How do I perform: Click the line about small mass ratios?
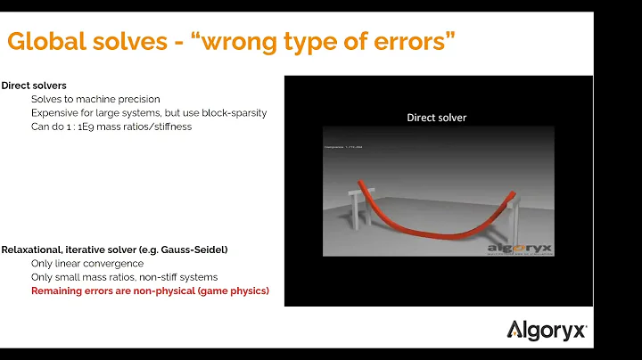[x=124, y=277]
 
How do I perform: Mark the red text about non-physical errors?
[x=149, y=291]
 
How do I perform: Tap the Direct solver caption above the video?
[x=437, y=117]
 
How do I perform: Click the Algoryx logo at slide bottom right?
[x=547, y=331]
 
